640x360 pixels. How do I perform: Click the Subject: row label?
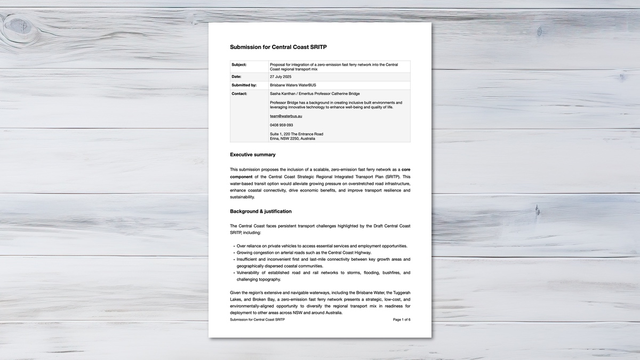tap(239, 65)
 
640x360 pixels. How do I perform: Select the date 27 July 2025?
tap(281, 77)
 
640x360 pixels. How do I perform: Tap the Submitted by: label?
tap(244, 85)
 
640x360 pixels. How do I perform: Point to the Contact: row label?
tap(239, 94)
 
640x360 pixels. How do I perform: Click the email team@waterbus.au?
tap(286, 116)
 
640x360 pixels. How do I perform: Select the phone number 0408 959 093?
tap(281, 125)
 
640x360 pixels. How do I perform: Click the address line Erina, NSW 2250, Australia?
tap(292, 139)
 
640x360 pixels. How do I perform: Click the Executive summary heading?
tap(253, 155)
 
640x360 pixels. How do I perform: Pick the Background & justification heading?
tap(261, 211)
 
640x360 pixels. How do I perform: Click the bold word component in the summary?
tap(241, 177)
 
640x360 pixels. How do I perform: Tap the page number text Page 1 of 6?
tap(402, 319)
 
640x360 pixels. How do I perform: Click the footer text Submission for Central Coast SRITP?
tap(257, 319)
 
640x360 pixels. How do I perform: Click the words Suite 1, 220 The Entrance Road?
tap(296, 134)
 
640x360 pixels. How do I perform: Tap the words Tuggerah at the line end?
tap(398, 293)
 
